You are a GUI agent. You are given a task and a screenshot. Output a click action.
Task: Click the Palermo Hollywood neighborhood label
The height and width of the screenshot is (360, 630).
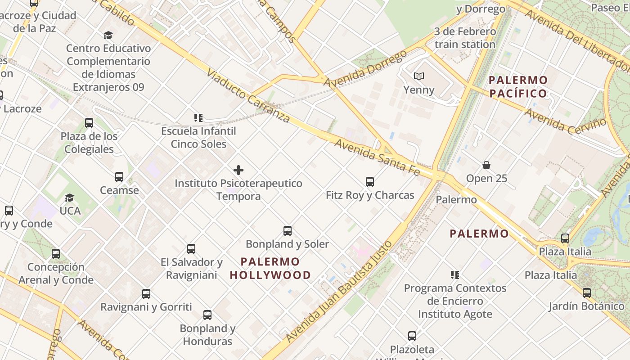(270, 268)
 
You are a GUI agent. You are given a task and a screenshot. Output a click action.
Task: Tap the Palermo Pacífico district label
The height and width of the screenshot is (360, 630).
(518, 87)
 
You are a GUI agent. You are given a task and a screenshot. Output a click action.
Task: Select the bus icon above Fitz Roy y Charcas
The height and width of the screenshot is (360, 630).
(370, 182)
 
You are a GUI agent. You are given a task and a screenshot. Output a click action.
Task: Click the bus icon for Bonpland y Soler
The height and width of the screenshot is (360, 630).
(288, 231)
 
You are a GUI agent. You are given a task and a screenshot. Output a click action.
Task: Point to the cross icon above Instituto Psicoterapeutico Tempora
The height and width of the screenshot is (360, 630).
(238, 170)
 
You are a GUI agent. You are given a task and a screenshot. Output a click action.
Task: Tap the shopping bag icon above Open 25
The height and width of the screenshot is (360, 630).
(486, 165)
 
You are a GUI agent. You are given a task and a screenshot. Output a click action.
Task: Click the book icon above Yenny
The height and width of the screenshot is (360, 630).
(419, 76)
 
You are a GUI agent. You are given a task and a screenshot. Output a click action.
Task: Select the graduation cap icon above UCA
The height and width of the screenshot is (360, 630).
(69, 198)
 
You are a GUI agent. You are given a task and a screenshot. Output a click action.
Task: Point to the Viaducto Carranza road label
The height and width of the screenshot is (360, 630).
(248, 95)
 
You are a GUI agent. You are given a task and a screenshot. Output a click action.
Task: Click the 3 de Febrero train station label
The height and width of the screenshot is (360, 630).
(465, 38)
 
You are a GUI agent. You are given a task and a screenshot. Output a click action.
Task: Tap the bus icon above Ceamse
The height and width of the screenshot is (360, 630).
(119, 177)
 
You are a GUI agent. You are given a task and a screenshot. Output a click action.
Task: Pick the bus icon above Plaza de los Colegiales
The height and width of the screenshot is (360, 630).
(89, 123)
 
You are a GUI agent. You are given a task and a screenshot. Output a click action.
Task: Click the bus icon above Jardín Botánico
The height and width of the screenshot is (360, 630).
(587, 293)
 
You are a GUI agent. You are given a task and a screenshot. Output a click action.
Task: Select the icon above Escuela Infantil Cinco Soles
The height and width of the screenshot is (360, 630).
(198, 118)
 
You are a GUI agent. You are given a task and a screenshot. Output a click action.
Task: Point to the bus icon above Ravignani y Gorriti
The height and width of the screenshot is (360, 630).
(146, 294)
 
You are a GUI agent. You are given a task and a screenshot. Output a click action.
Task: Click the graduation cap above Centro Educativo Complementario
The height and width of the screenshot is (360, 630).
(108, 35)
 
